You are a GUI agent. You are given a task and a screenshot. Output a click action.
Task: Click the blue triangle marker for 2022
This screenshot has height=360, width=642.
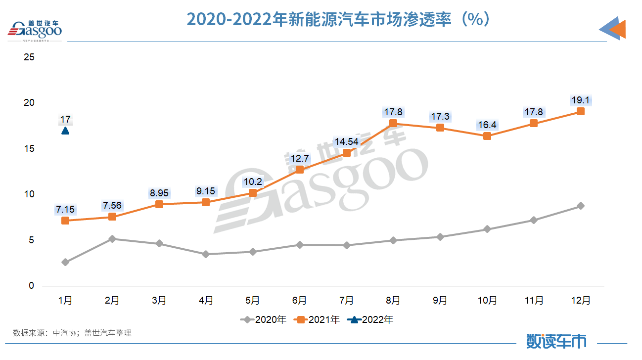click(65, 131)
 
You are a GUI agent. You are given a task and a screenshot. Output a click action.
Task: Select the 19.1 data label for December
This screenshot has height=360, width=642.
click(581, 100)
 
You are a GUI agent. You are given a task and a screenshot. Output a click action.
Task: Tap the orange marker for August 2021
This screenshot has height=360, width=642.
click(393, 123)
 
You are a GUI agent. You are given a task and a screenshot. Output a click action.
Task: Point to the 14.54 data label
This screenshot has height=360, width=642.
click(346, 141)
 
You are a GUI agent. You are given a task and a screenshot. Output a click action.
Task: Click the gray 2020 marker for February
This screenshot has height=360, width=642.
click(112, 239)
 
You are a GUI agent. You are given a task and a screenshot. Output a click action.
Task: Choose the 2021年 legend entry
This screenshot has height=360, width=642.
click(317, 319)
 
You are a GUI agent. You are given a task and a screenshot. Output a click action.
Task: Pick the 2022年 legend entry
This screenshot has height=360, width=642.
click(370, 319)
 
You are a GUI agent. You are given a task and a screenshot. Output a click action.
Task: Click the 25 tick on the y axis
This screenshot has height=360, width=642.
click(29, 57)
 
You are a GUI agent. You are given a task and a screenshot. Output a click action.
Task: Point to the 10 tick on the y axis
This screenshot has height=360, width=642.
click(29, 194)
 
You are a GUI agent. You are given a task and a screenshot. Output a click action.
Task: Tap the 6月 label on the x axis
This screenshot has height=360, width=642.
click(299, 300)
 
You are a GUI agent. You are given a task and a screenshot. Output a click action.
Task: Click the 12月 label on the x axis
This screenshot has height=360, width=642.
click(581, 300)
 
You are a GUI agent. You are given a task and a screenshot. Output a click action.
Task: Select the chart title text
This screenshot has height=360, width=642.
click(338, 19)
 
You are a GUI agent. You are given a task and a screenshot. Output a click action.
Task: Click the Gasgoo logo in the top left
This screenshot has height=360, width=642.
click(35, 30)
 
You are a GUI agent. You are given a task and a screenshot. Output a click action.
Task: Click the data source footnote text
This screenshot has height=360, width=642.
click(72, 333)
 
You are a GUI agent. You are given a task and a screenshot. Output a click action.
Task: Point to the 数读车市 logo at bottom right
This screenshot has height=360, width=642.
click(556, 341)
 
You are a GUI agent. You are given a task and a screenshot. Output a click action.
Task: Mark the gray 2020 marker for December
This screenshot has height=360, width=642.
click(581, 206)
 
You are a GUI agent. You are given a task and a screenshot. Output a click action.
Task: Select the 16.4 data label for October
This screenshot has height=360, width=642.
click(487, 125)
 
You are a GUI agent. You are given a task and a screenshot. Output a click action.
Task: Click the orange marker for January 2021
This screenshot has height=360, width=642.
click(65, 221)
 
